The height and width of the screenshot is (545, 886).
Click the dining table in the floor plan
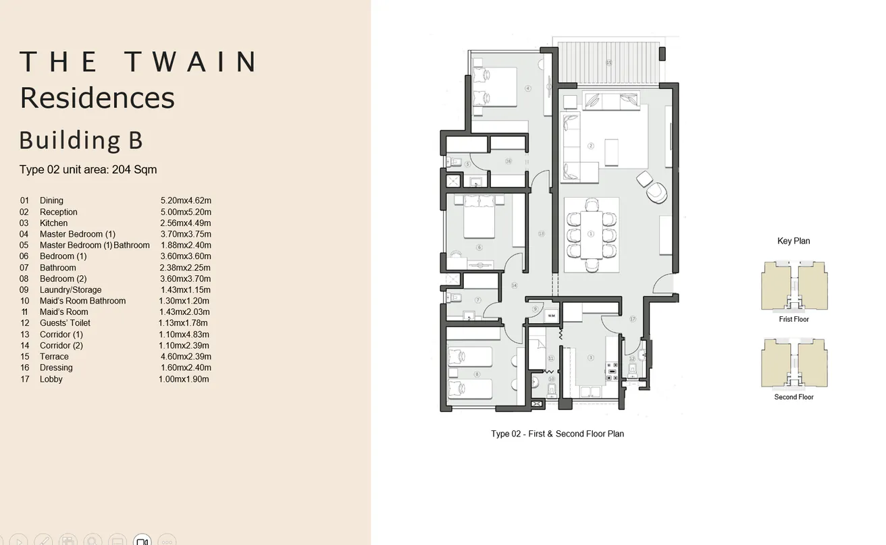tap(592, 234)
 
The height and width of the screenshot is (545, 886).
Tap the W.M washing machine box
tap(552, 315)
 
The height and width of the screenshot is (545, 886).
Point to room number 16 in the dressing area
tap(508, 161)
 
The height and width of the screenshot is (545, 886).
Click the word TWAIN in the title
tap(191, 62)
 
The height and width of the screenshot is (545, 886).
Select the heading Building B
tap(81, 140)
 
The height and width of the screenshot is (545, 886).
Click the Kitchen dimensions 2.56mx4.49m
tap(186, 223)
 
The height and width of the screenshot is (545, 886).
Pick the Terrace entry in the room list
tap(54, 357)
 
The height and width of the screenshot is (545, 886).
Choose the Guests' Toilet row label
tap(65, 323)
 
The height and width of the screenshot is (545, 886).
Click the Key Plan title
tap(793, 241)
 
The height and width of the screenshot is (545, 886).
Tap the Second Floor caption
tap(793, 397)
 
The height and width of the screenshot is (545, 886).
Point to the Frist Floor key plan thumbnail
tap(793, 286)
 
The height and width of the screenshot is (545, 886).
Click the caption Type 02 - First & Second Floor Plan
tap(557, 434)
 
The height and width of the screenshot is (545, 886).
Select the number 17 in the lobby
tap(633, 318)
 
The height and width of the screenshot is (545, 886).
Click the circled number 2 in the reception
tap(591, 146)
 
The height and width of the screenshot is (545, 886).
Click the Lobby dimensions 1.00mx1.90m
tap(184, 379)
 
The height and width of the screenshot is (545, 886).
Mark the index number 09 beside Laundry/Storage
tap(25, 290)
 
